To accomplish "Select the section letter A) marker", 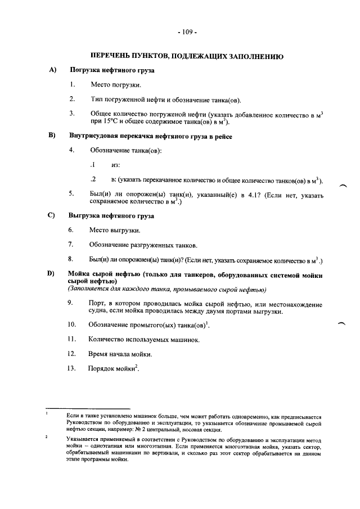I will point(53,70).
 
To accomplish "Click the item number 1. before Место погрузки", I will point(73,85).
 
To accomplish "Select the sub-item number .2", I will point(93,179).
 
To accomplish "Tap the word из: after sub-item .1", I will point(116,165).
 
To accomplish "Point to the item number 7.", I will point(71,245).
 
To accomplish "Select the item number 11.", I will point(71,340).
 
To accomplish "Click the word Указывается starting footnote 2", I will point(83,438).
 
